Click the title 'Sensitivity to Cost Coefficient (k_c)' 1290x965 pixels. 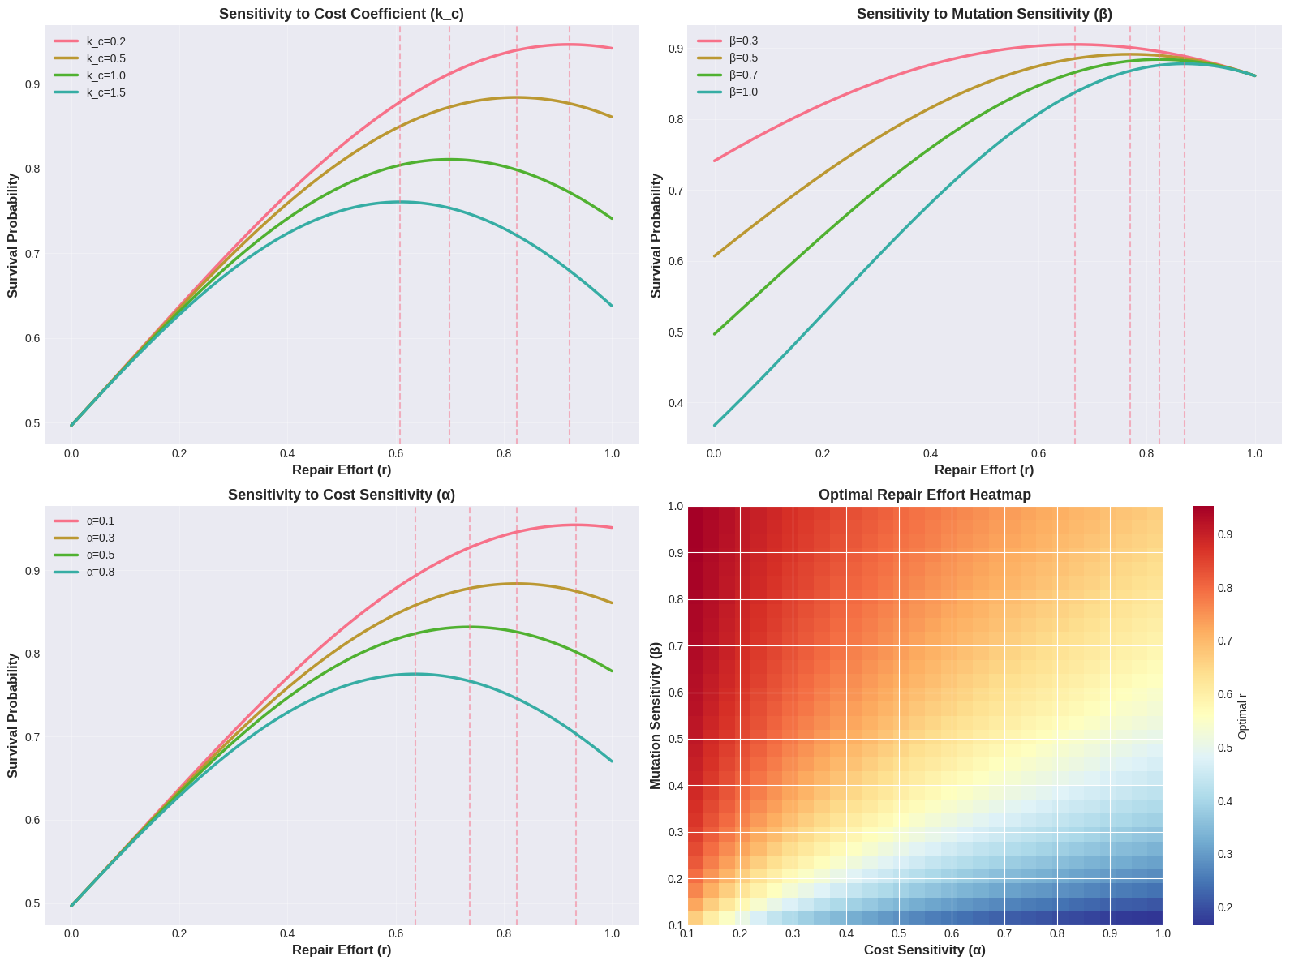pos(342,14)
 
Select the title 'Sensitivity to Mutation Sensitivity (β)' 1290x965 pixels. pos(983,14)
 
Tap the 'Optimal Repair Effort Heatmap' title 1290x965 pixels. pos(925,495)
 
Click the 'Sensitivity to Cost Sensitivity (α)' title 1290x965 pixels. pos(342,495)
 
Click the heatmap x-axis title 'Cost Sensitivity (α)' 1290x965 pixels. pos(925,950)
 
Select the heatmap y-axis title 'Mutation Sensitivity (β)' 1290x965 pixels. pos(656,714)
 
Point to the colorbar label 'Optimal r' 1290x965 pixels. pos(1243,714)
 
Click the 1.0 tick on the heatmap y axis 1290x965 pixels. pos(674,507)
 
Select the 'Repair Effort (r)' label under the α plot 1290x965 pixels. pos(342,950)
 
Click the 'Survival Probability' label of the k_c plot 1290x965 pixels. pos(14,235)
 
